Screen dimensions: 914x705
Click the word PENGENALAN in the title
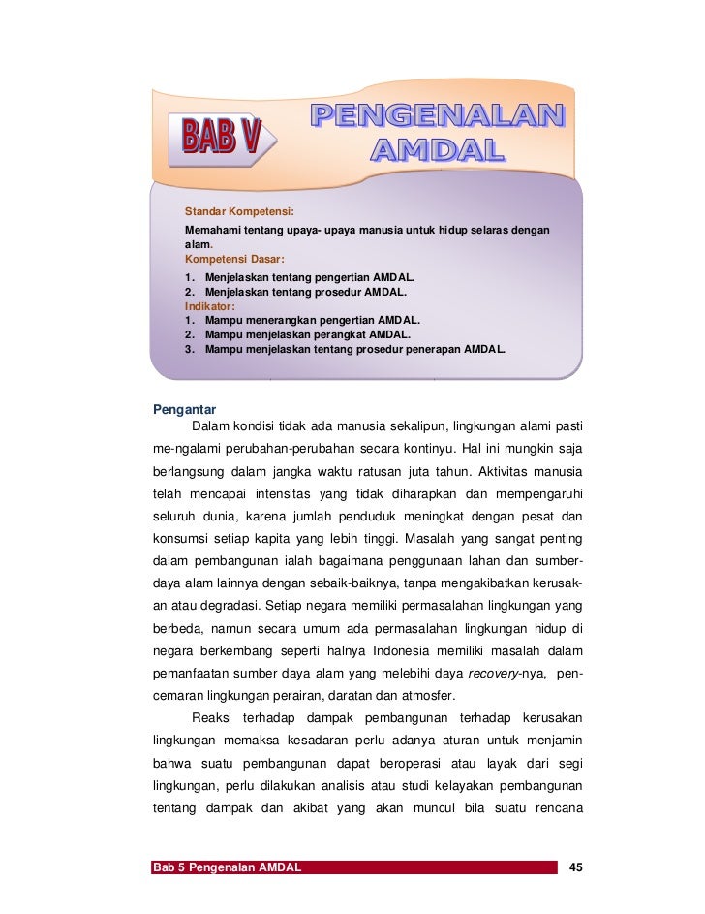(x=437, y=116)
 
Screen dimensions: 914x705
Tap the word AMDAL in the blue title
(x=439, y=150)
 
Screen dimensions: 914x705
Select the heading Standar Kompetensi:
(x=239, y=210)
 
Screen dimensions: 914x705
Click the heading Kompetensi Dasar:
(x=234, y=260)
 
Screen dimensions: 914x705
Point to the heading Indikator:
(x=210, y=304)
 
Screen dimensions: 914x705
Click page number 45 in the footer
(x=578, y=866)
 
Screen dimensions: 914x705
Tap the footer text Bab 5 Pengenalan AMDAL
(x=226, y=866)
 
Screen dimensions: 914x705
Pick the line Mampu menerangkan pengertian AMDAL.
(x=312, y=319)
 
